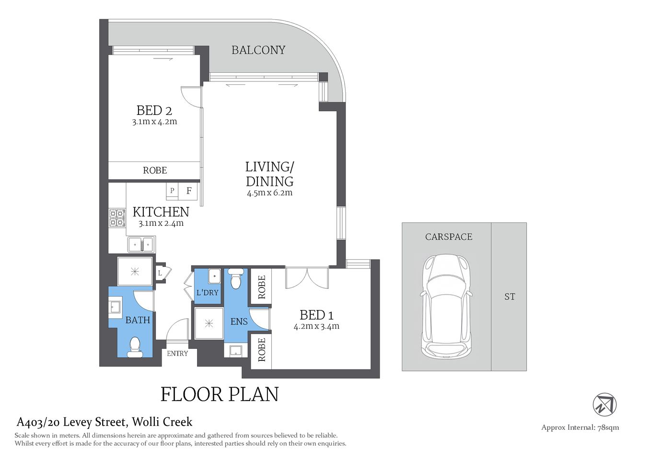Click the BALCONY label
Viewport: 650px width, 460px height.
click(x=258, y=50)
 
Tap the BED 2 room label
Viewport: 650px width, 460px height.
click(x=154, y=110)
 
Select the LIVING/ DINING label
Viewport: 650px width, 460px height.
click(x=269, y=174)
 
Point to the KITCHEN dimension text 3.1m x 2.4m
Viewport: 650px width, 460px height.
click(x=161, y=223)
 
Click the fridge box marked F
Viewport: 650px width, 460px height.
click(x=189, y=191)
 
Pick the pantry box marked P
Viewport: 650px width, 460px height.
click(x=172, y=191)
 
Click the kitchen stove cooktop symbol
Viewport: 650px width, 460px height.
click(x=117, y=218)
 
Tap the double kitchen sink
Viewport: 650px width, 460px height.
click(x=141, y=244)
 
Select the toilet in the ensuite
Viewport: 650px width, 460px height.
click(x=235, y=279)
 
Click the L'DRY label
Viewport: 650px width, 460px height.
click(x=207, y=292)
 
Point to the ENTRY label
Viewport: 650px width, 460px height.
click(x=177, y=353)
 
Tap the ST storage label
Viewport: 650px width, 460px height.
click(x=510, y=297)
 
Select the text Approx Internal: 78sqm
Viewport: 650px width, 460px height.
click(x=580, y=427)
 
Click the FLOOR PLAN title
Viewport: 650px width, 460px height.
click(x=220, y=394)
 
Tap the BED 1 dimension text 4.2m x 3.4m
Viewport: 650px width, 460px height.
click(x=316, y=326)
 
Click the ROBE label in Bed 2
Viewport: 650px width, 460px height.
click(x=155, y=170)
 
